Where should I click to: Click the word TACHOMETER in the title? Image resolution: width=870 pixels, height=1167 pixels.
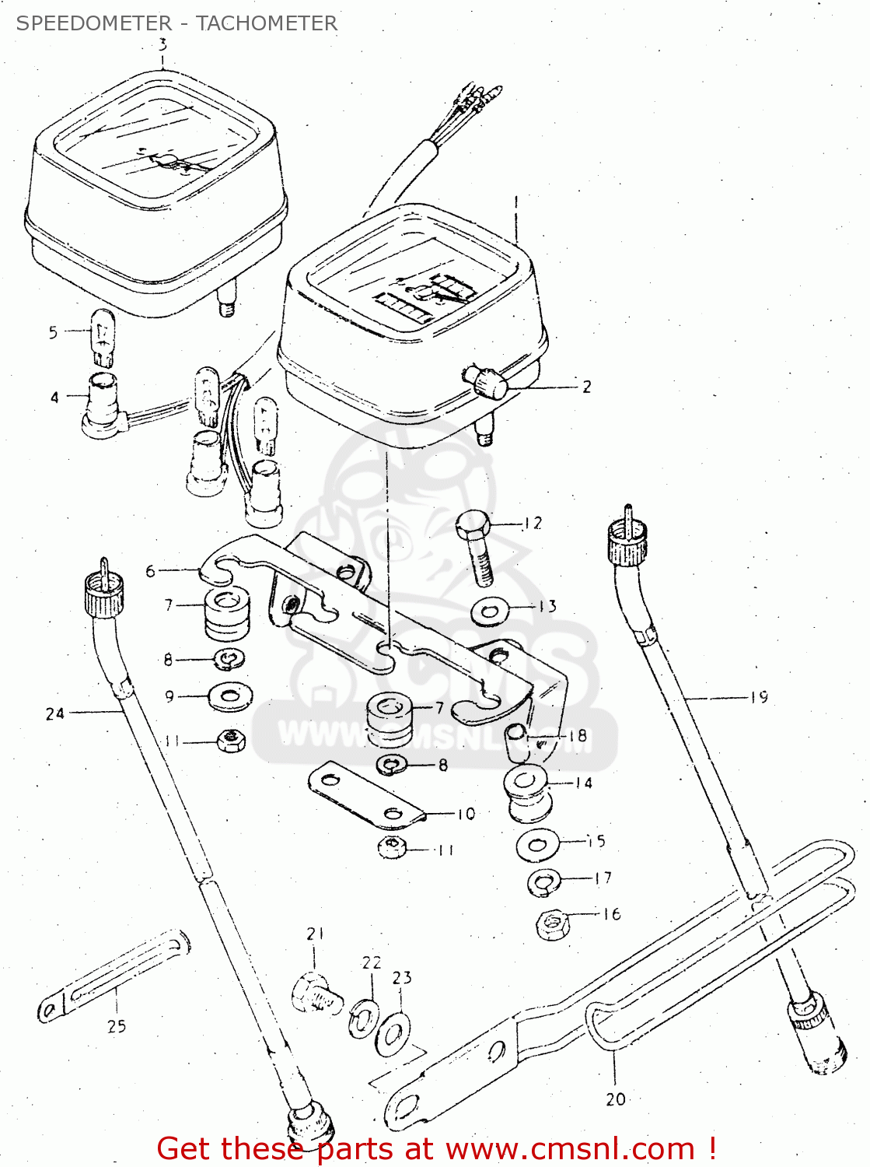tap(267, 23)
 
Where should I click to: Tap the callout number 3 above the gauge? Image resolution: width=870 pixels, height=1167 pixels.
tap(162, 45)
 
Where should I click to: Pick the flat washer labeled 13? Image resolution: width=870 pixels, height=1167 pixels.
tap(491, 609)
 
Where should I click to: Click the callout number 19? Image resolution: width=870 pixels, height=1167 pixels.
tap(759, 697)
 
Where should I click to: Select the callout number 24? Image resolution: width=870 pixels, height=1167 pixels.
tap(54, 713)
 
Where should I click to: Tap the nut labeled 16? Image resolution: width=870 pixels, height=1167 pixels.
tap(553, 924)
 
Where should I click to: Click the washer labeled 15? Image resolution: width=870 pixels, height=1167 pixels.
tap(537, 844)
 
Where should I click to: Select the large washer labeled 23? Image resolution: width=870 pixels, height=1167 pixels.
tap(393, 1034)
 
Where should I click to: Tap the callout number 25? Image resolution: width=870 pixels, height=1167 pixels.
tap(117, 1026)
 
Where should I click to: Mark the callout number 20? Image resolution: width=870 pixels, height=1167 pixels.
tap(615, 1099)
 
